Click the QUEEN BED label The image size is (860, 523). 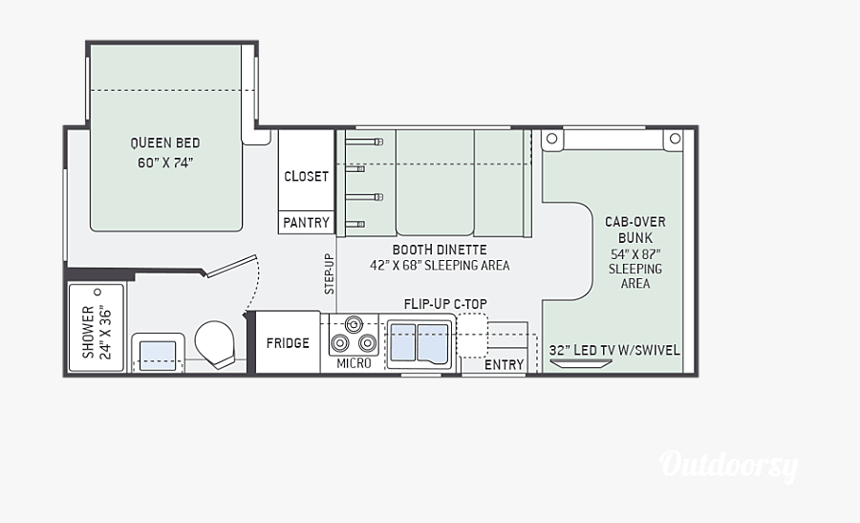coord(165,143)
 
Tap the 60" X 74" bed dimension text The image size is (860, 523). coord(165,163)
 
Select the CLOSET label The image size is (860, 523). coord(306,177)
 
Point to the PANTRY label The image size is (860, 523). coord(306,223)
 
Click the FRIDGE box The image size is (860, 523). coord(288,342)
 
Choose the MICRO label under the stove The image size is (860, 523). coord(354,364)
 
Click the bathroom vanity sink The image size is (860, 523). coord(158,354)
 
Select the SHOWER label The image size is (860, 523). coord(88,332)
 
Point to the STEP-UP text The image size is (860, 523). coord(329,273)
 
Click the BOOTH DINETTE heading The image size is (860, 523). coord(440,250)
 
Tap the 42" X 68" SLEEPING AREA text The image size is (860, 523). coord(440,266)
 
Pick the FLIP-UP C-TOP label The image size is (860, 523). coord(445,304)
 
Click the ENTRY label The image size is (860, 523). coord(504,364)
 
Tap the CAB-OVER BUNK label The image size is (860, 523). coord(634,229)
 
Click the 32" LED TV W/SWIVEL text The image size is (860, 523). coord(614,350)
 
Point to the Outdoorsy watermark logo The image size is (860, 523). coord(729,466)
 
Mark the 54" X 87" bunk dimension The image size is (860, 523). coord(634,253)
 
